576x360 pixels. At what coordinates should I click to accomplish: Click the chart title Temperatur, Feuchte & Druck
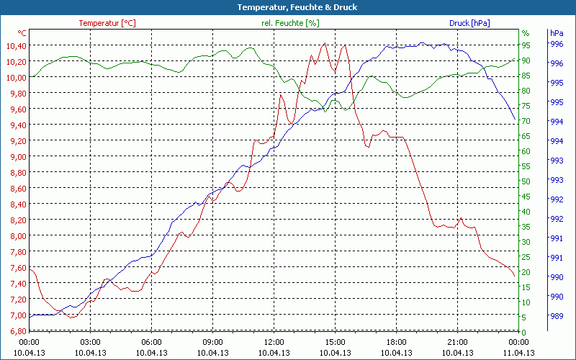click(x=287, y=7)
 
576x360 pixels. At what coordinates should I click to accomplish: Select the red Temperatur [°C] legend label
click(x=107, y=23)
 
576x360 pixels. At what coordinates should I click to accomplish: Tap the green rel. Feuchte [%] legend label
click(x=290, y=23)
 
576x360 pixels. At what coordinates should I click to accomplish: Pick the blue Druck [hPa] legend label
click(x=469, y=23)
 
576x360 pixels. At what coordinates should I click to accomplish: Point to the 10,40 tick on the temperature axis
click(x=14, y=45)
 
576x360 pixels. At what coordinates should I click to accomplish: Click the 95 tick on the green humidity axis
click(x=526, y=45)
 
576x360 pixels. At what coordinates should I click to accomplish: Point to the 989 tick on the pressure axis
click(x=557, y=315)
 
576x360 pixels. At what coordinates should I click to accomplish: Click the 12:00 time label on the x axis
click(x=274, y=342)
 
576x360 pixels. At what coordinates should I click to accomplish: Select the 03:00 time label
click(x=90, y=342)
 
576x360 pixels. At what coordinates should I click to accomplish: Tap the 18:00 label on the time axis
click(x=397, y=342)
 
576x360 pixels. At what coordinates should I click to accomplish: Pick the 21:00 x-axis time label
click(x=458, y=342)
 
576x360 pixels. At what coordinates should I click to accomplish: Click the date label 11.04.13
click(x=519, y=353)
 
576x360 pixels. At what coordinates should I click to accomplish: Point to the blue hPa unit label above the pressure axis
click(x=557, y=33)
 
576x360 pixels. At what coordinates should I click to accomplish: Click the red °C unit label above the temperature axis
click(x=22, y=33)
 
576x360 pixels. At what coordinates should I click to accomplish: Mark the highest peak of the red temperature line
click(x=325, y=43)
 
